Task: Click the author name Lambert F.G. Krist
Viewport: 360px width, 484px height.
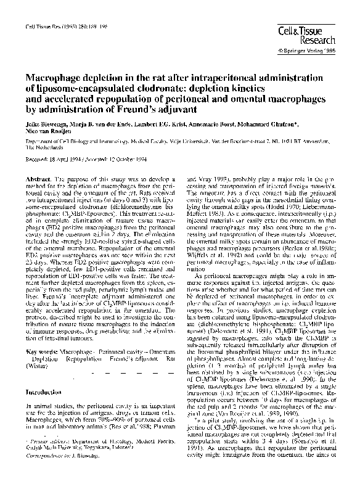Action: [166, 125]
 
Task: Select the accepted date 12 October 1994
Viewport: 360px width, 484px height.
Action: [125, 160]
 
